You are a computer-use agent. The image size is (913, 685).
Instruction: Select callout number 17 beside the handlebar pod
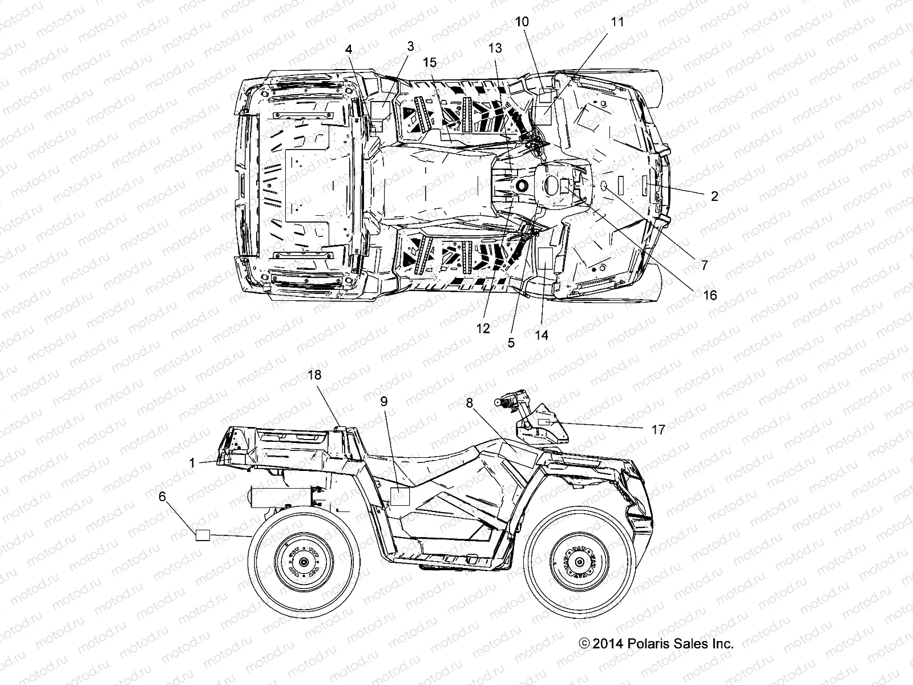point(658,430)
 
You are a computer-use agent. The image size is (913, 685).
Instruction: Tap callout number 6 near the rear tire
point(163,497)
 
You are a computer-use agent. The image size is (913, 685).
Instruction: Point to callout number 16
point(710,295)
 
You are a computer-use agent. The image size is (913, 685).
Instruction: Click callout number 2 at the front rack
point(714,196)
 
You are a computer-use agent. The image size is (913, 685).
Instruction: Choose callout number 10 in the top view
point(522,22)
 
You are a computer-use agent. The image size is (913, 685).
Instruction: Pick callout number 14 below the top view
point(542,335)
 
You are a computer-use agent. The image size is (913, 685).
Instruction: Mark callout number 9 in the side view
point(384,402)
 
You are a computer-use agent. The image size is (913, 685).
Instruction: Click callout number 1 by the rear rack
point(193,463)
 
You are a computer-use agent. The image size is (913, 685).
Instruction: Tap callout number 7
point(704,265)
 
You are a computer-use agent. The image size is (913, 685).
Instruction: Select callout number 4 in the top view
point(349,49)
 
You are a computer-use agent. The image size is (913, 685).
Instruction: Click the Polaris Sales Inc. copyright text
point(656,644)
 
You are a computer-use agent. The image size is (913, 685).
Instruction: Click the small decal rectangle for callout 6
point(204,535)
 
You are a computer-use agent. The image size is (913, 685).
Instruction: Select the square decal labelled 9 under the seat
point(399,497)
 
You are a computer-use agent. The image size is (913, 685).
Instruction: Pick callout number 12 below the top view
point(483,328)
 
